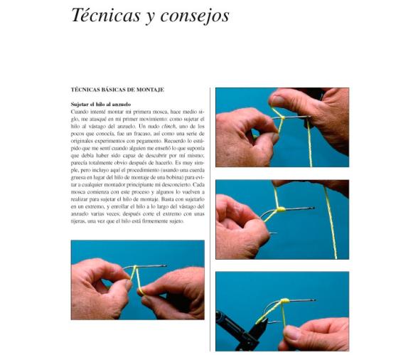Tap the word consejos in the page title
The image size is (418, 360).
[193, 16]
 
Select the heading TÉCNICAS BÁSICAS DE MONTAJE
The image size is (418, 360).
[118, 90]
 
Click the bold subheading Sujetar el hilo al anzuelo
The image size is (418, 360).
[100, 105]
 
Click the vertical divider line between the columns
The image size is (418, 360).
[210, 213]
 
